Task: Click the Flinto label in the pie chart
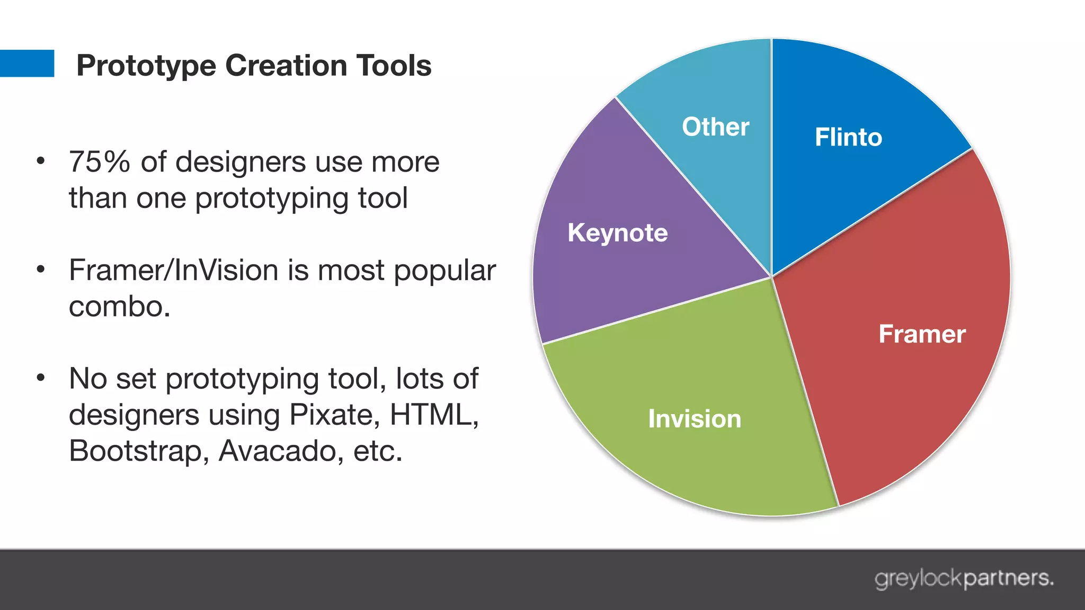tap(848, 137)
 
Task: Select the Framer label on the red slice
tap(922, 334)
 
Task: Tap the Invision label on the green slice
tap(695, 419)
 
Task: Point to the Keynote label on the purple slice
tap(618, 233)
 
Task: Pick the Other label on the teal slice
tap(715, 127)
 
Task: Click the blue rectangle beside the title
tap(26, 64)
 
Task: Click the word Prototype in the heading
tap(146, 66)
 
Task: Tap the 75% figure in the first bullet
tap(99, 162)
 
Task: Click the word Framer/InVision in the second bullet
tap(174, 271)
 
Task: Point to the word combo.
tap(119, 307)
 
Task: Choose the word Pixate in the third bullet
tap(334, 415)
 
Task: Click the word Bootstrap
tap(135, 451)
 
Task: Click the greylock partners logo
tap(964, 578)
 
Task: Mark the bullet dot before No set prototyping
tap(41, 378)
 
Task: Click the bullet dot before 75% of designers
tap(41, 161)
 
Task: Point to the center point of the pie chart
tap(771, 277)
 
